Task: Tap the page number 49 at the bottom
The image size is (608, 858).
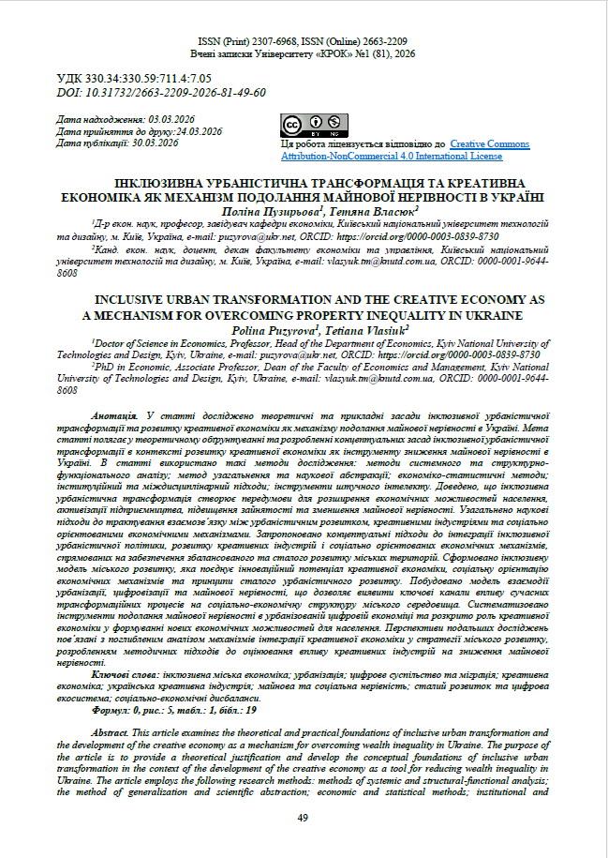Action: pyautogui.click(x=303, y=818)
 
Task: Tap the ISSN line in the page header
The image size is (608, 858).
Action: pyautogui.click(x=303, y=43)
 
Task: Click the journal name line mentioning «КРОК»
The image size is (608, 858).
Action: pyautogui.click(x=303, y=55)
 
